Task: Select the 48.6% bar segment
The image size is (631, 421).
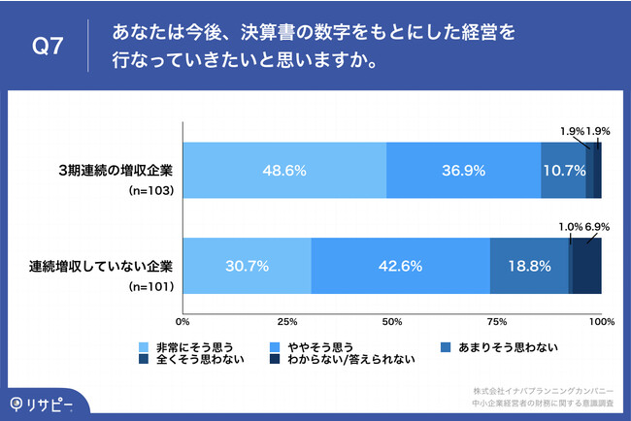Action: pyautogui.click(x=283, y=170)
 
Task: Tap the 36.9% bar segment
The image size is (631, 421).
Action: pyautogui.click(x=463, y=170)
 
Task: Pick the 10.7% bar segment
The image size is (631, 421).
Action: pyautogui.click(x=563, y=170)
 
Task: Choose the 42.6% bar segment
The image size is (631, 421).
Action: pyautogui.click(x=400, y=265)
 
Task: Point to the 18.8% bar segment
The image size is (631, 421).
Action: pyautogui.click(x=529, y=265)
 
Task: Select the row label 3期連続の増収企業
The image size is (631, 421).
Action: pyautogui.click(x=115, y=170)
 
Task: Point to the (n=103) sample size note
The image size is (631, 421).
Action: pyautogui.click(x=150, y=192)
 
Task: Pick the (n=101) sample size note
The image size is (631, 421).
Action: pyautogui.click(x=150, y=287)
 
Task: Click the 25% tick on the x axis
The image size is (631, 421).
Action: pyautogui.click(x=286, y=320)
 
